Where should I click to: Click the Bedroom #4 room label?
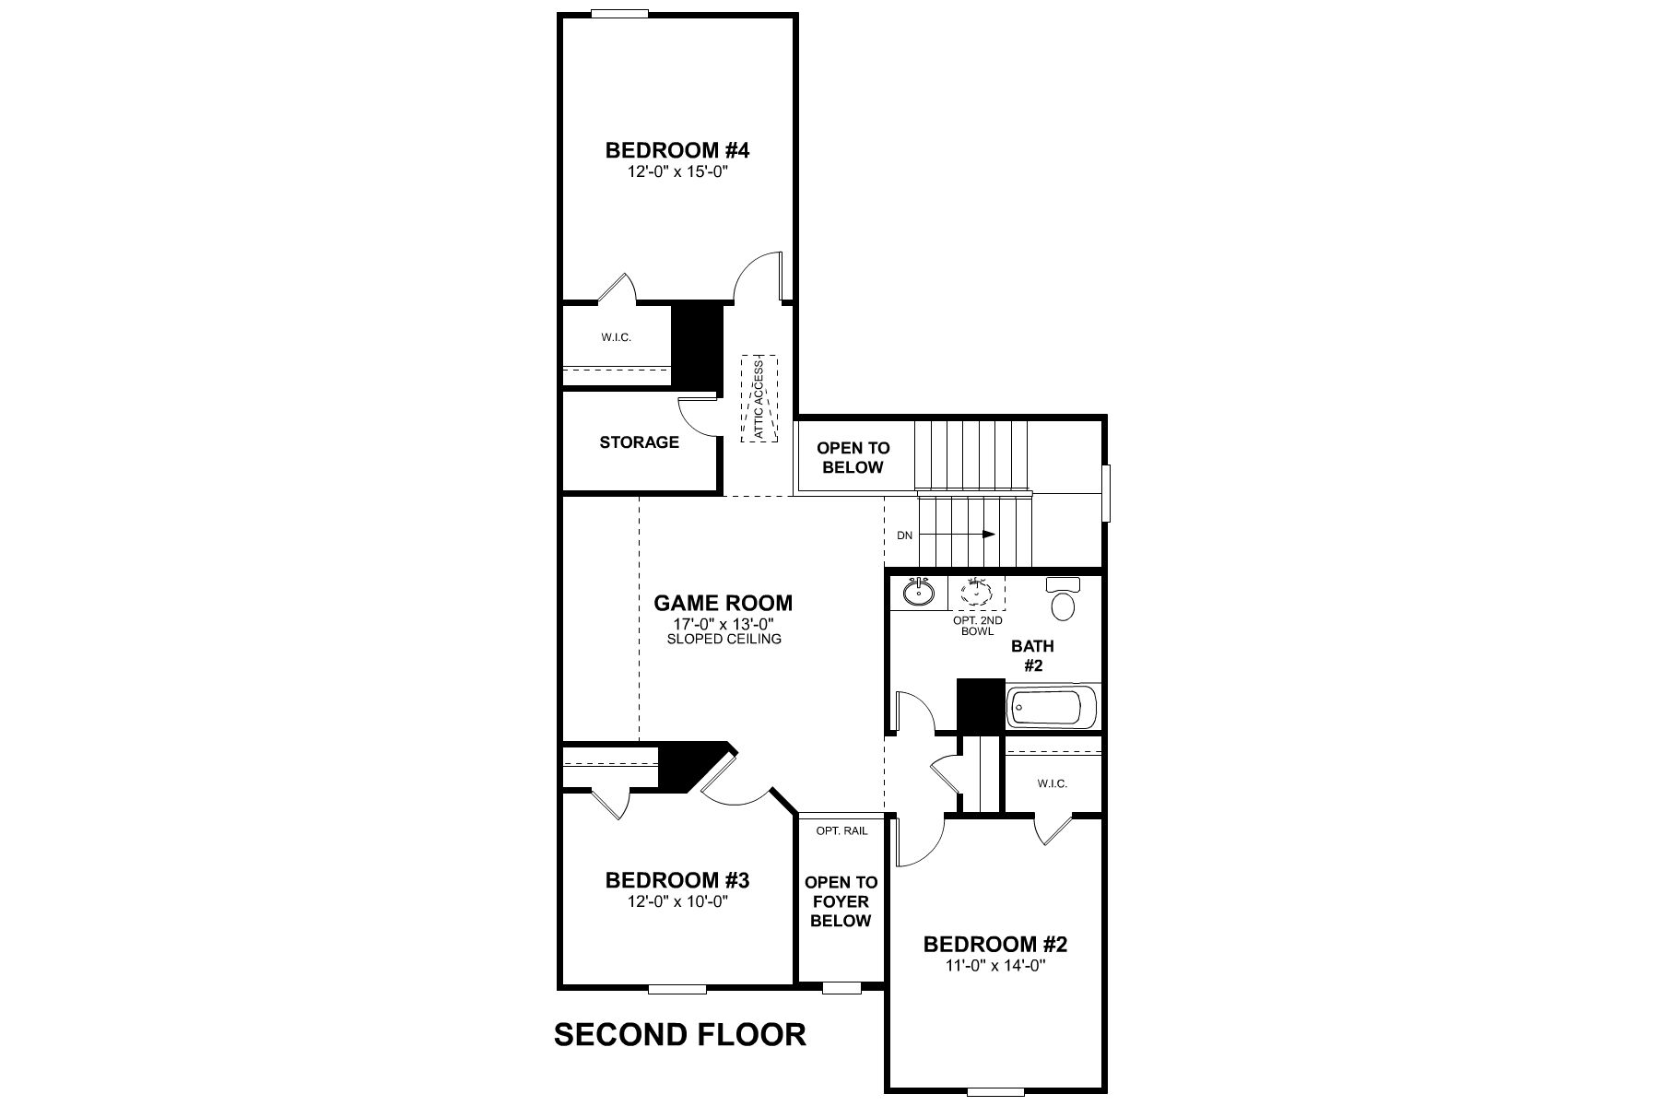tap(677, 149)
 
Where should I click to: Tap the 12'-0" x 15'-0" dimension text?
tap(677, 171)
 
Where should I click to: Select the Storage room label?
tap(639, 442)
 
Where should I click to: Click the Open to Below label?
tap(853, 457)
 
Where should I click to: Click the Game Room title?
tap(723, 603)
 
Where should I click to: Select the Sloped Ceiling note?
tap(724, 639)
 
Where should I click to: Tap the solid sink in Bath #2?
tap(918, 593)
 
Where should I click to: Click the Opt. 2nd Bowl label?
tap(978, 626)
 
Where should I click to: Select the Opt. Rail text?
tap(841, 830)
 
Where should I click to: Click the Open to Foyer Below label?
tap(841, 901)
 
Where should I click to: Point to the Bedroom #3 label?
tap(677, 880)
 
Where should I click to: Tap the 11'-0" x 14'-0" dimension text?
tap(994, 966)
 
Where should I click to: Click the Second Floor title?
tap(679, 1034)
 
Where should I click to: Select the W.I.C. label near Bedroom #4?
tap(616, 337)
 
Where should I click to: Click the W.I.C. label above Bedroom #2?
tap(1052, 783)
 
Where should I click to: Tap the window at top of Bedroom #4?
tap(619, 13)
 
